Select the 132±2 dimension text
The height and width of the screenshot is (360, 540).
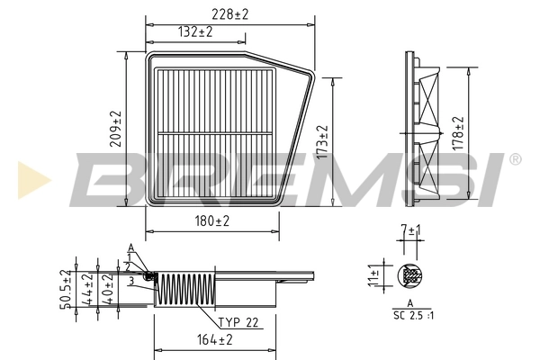tap(193, 31)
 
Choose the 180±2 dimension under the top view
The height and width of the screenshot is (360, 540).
tap(211, 220)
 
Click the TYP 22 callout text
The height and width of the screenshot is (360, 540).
tap(238, 321)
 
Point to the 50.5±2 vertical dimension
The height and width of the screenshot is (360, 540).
tap(66, 290)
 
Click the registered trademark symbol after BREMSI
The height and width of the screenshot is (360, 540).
tap(514, 160)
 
